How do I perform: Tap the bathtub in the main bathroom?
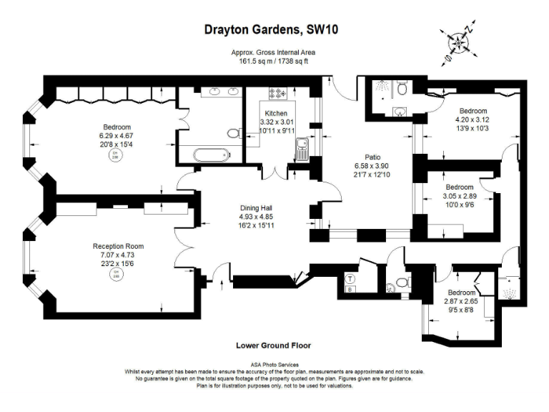pos(204,153)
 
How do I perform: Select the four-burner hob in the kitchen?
pos(277,93)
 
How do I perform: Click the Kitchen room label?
pos(276,114)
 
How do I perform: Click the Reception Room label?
pos(114,246)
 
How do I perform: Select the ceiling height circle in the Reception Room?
pos(114,275)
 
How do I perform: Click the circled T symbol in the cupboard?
pos(351,278)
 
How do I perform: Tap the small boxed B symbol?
pos(350,290)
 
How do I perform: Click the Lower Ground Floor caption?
pos(273,345)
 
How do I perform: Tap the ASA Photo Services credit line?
pos(274,365)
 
